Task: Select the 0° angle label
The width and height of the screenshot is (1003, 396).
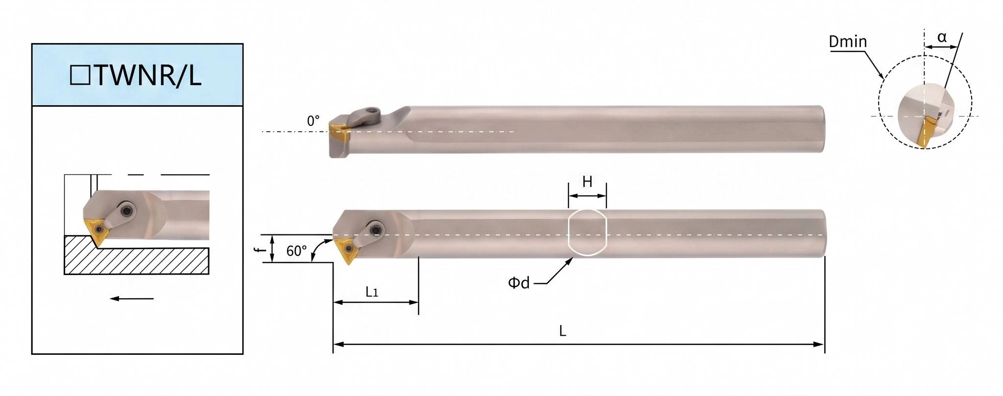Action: [x=313, y=121]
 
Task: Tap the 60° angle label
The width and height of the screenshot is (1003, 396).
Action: [x=296, y=251]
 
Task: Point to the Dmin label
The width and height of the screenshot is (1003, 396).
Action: [x=848, y=42]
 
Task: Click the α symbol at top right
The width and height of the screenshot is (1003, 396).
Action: [x=942, y=37]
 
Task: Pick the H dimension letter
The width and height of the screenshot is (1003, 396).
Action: [x=587, y=182]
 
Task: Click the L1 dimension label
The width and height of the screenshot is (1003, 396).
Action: [x=372, y=292]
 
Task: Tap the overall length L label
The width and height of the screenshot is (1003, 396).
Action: [x=563, y=331]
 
